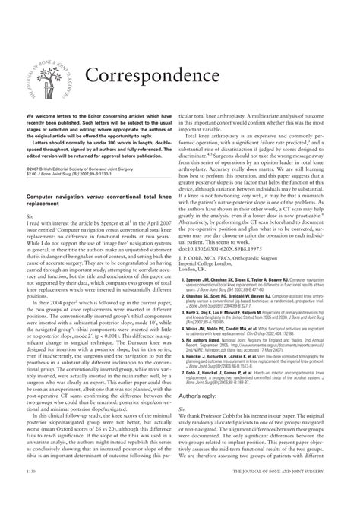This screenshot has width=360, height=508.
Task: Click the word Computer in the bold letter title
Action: click(x=44, y=195)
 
